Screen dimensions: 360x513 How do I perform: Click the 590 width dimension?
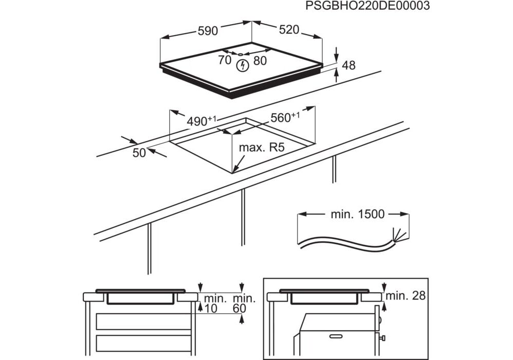(x=208, y=31)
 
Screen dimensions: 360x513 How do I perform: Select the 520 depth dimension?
(x=289, y=30)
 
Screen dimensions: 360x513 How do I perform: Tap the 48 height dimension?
(x=349, y=65)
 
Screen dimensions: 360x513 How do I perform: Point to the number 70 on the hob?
(x=225, y=60)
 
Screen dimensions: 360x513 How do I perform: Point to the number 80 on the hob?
(x=260, y=60)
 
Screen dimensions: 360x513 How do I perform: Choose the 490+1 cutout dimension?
(x=201, y=121)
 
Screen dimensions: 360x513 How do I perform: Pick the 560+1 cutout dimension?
(x=285, y=118)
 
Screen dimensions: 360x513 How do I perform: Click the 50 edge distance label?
(x=139, y=152)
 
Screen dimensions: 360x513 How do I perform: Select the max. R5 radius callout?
(x=262, y=148)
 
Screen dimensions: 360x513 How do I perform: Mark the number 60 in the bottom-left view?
(x=240, y=308)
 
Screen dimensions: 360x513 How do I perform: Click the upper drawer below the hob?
(x=144, y=321)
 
